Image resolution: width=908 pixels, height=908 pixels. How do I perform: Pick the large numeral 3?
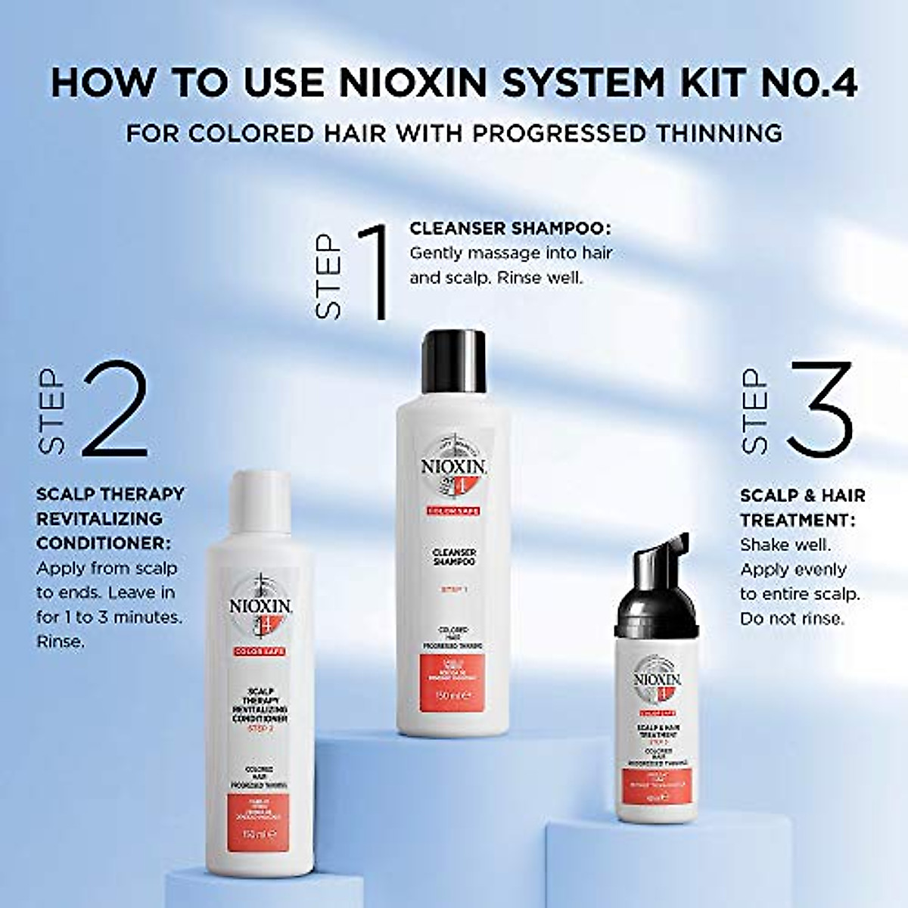click(x=819, y=409)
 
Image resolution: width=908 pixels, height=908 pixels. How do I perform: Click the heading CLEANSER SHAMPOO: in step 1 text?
click(x=510, y=229)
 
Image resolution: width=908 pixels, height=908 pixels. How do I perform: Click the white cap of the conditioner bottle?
click(x=260, y=498)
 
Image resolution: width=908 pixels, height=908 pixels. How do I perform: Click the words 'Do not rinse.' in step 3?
click(x=791, y=618)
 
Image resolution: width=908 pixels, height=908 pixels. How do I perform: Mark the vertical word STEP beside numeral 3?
click(x=755, y=411)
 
